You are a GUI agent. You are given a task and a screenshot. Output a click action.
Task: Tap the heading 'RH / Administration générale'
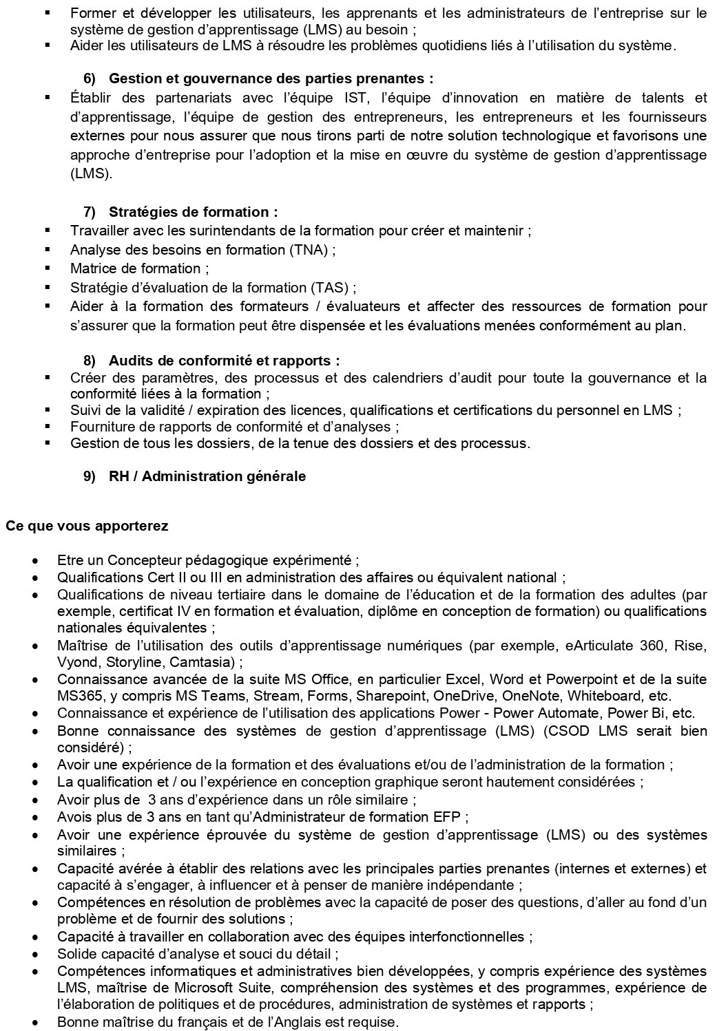(207, 476)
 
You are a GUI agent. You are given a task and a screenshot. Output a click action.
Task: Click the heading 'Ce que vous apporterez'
(87, 527)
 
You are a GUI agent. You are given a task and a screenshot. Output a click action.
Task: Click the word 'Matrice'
(91, 268)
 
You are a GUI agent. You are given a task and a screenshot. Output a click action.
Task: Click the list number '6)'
(90, 78)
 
